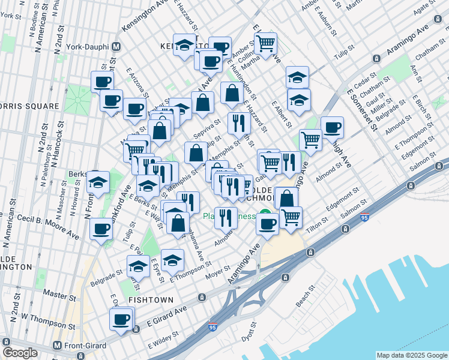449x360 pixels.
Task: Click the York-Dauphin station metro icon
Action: click(x=116, y=46)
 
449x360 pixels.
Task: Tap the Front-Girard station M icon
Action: click(x=57, y=346)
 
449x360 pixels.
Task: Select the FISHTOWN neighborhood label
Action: click(x=150, y=299)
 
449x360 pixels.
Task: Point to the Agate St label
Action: click(x=429, y=11)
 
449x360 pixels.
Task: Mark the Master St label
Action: click(x=59, y=292)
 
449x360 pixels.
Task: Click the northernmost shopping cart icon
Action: click(x=265, y=43)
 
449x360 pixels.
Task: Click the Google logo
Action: click(x=20, y=353)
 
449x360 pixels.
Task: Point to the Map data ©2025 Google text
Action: click(x=411, y=355)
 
